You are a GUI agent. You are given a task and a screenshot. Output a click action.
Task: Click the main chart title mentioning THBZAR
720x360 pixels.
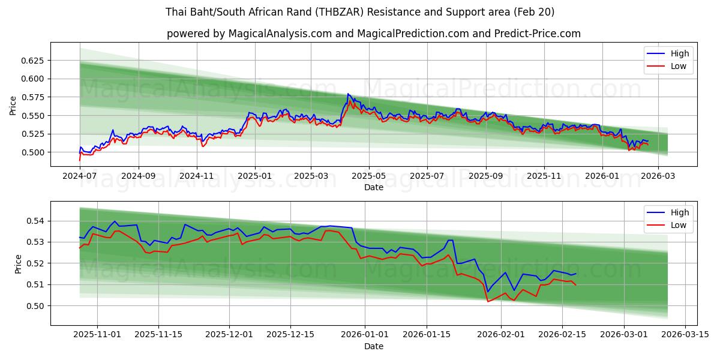click(360, 12)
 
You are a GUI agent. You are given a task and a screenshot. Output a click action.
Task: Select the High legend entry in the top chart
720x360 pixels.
click(680, 53)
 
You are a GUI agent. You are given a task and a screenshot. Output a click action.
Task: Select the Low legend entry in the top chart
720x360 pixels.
click(679, 66)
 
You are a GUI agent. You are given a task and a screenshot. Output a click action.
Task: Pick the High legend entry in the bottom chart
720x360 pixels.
click(680, 212)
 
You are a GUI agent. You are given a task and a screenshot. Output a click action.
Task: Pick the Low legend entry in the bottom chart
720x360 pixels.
click(679, 225)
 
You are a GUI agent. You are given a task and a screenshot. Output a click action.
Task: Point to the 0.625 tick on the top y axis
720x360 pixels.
click(33, 61)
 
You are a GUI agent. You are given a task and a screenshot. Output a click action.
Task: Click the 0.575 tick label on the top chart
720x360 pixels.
click(33, 97)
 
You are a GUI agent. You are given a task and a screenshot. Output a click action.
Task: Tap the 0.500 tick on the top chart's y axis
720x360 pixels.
click(33, 152)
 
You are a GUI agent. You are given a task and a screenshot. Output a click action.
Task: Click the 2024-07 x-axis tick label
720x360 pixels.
click(80, 177)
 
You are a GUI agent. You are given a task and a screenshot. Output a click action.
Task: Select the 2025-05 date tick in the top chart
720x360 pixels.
click(368, 177)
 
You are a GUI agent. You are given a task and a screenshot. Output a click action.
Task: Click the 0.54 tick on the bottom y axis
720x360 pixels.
click(35, 221)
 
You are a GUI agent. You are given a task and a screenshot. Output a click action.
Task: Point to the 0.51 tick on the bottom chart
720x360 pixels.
click(35, 284)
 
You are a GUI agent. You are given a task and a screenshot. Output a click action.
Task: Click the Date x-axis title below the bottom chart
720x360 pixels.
click(373, 346)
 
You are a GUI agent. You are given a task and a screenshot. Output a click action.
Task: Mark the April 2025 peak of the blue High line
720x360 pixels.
click(347, 94)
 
